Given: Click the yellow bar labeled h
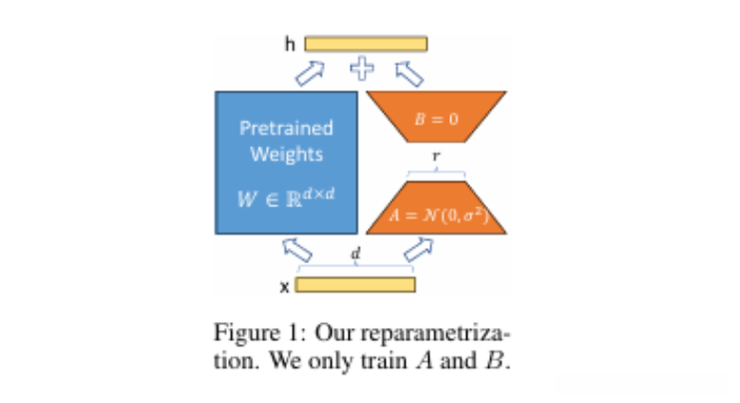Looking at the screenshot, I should (x=366, y=44).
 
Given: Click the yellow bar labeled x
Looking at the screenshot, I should (x=355, y=284).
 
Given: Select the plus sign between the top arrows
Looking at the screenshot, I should (x=362, y=68).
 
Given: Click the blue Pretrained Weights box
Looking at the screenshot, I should (x=287, y=162).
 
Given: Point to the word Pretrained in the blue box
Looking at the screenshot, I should (x=286, y=127).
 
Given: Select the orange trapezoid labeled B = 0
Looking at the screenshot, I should (x=436, y=116).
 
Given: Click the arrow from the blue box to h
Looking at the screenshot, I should (x=311, y=69).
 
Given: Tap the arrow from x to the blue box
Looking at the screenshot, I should (x=297, y=251).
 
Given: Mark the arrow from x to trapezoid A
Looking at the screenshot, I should (x=419, y=250).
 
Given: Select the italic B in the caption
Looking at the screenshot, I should (x=500, y=361).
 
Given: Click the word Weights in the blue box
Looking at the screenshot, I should (x=286, y=154).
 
